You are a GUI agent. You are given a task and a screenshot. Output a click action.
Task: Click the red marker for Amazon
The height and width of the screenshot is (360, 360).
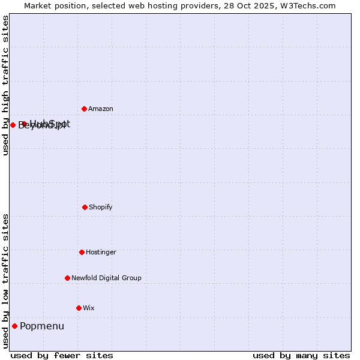84,109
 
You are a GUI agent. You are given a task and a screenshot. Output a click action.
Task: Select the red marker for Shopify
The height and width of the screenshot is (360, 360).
85,207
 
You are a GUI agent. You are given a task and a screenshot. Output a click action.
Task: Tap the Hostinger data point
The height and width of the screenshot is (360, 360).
82,252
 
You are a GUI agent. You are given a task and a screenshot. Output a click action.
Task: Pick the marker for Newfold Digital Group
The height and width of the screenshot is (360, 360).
67,278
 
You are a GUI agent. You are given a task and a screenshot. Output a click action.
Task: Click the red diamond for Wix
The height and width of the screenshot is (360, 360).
79,308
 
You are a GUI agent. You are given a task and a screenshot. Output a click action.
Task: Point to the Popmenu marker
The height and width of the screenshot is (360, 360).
14,326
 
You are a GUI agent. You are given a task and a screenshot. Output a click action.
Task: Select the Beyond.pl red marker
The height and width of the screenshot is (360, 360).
13,125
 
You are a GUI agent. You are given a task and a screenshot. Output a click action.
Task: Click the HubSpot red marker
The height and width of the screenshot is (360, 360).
24,124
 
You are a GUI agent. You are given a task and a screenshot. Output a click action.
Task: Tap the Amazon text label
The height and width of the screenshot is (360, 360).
101,109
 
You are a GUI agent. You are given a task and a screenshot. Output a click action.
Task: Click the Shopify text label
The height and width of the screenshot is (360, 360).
101,208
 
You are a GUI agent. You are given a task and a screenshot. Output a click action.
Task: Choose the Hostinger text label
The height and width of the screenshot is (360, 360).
101,253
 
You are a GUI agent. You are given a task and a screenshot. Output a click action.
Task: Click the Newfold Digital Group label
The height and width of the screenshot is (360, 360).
106,278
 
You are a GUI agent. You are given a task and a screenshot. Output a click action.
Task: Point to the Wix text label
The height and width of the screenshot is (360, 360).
89,308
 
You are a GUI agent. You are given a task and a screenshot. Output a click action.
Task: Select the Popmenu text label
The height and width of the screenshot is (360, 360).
42,326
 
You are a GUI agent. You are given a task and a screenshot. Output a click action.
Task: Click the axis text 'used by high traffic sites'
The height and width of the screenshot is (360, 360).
5,85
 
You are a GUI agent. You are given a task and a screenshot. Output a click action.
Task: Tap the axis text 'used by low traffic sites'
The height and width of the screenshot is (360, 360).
5,281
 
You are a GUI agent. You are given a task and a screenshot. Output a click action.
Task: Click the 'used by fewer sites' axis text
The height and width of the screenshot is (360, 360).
62,356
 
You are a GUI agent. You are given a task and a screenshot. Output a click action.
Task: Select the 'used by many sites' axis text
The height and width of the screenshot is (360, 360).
301,356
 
